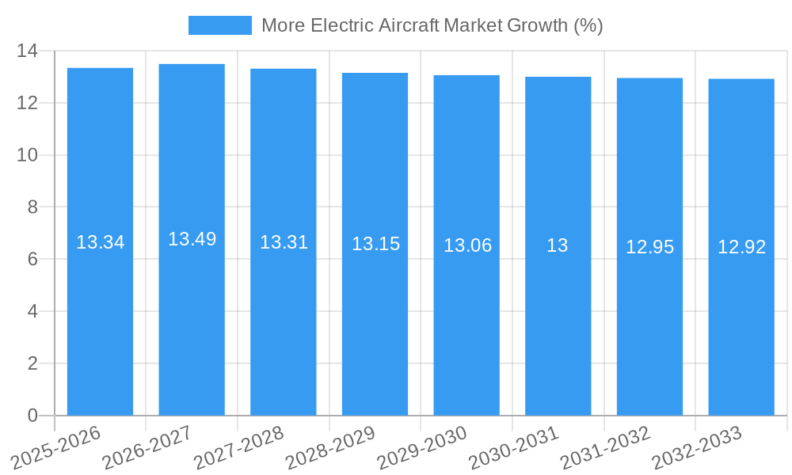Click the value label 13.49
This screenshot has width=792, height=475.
[192, 239]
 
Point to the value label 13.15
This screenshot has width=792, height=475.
[375, 244]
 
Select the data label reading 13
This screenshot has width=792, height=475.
[558, 245]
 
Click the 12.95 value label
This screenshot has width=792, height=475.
[649, 247]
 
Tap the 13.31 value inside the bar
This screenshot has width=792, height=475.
[284, 242]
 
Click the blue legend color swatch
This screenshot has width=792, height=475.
[219, 25]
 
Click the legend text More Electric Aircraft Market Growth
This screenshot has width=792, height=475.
[432, 25]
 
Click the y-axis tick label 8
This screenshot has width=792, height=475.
[32, 207]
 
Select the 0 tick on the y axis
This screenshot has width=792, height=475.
[32, 416]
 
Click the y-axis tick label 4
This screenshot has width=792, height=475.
[32, 311]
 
